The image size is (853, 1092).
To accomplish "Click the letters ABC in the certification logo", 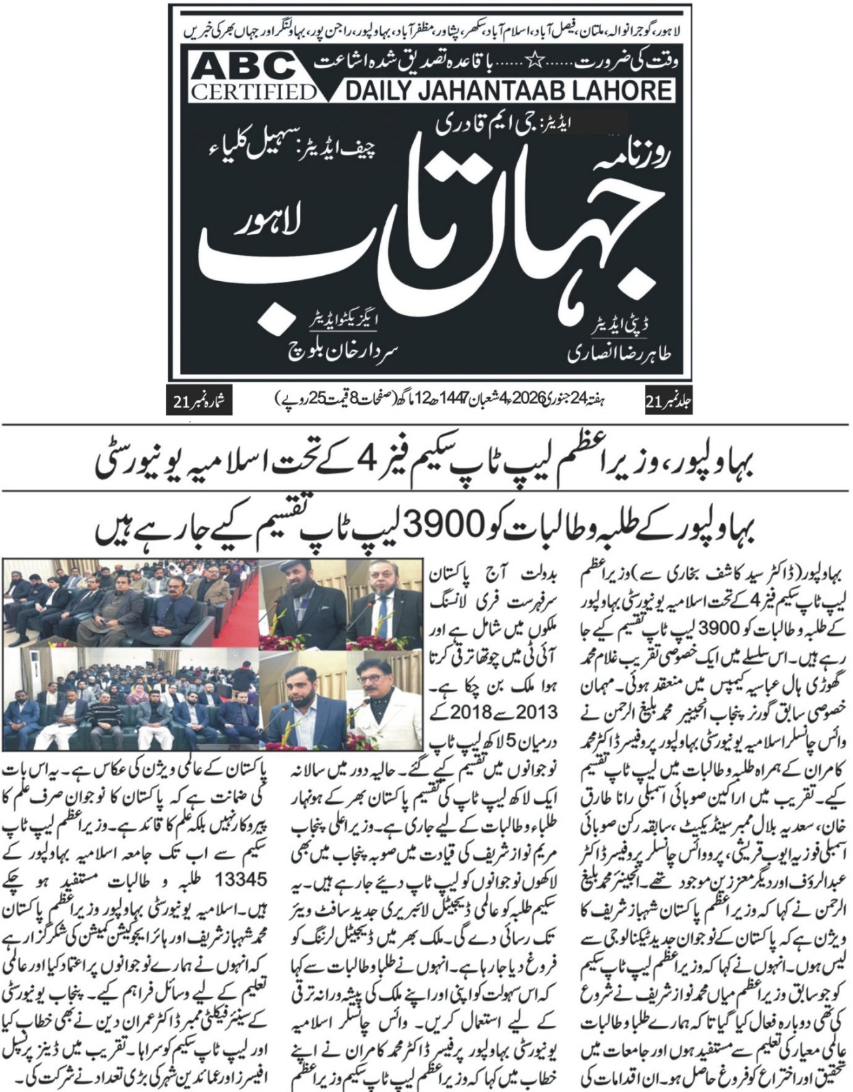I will click(x=243, y=68).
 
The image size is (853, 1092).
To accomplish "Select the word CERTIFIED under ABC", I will click(x=253, y=91).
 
